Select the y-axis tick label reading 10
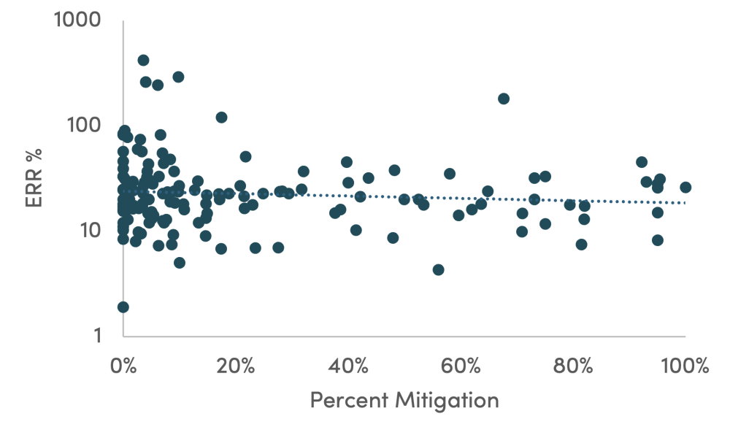point(91,230)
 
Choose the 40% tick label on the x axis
point(347,364)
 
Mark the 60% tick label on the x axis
point(460,364)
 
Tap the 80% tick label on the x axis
point(572,364)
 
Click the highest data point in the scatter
point(143,61)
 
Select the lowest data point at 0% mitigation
point(123,307)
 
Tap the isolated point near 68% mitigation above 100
point(503,99)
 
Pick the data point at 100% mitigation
point(685,187)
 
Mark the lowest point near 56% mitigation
point(438,269)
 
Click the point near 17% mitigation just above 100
point(221,117)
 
